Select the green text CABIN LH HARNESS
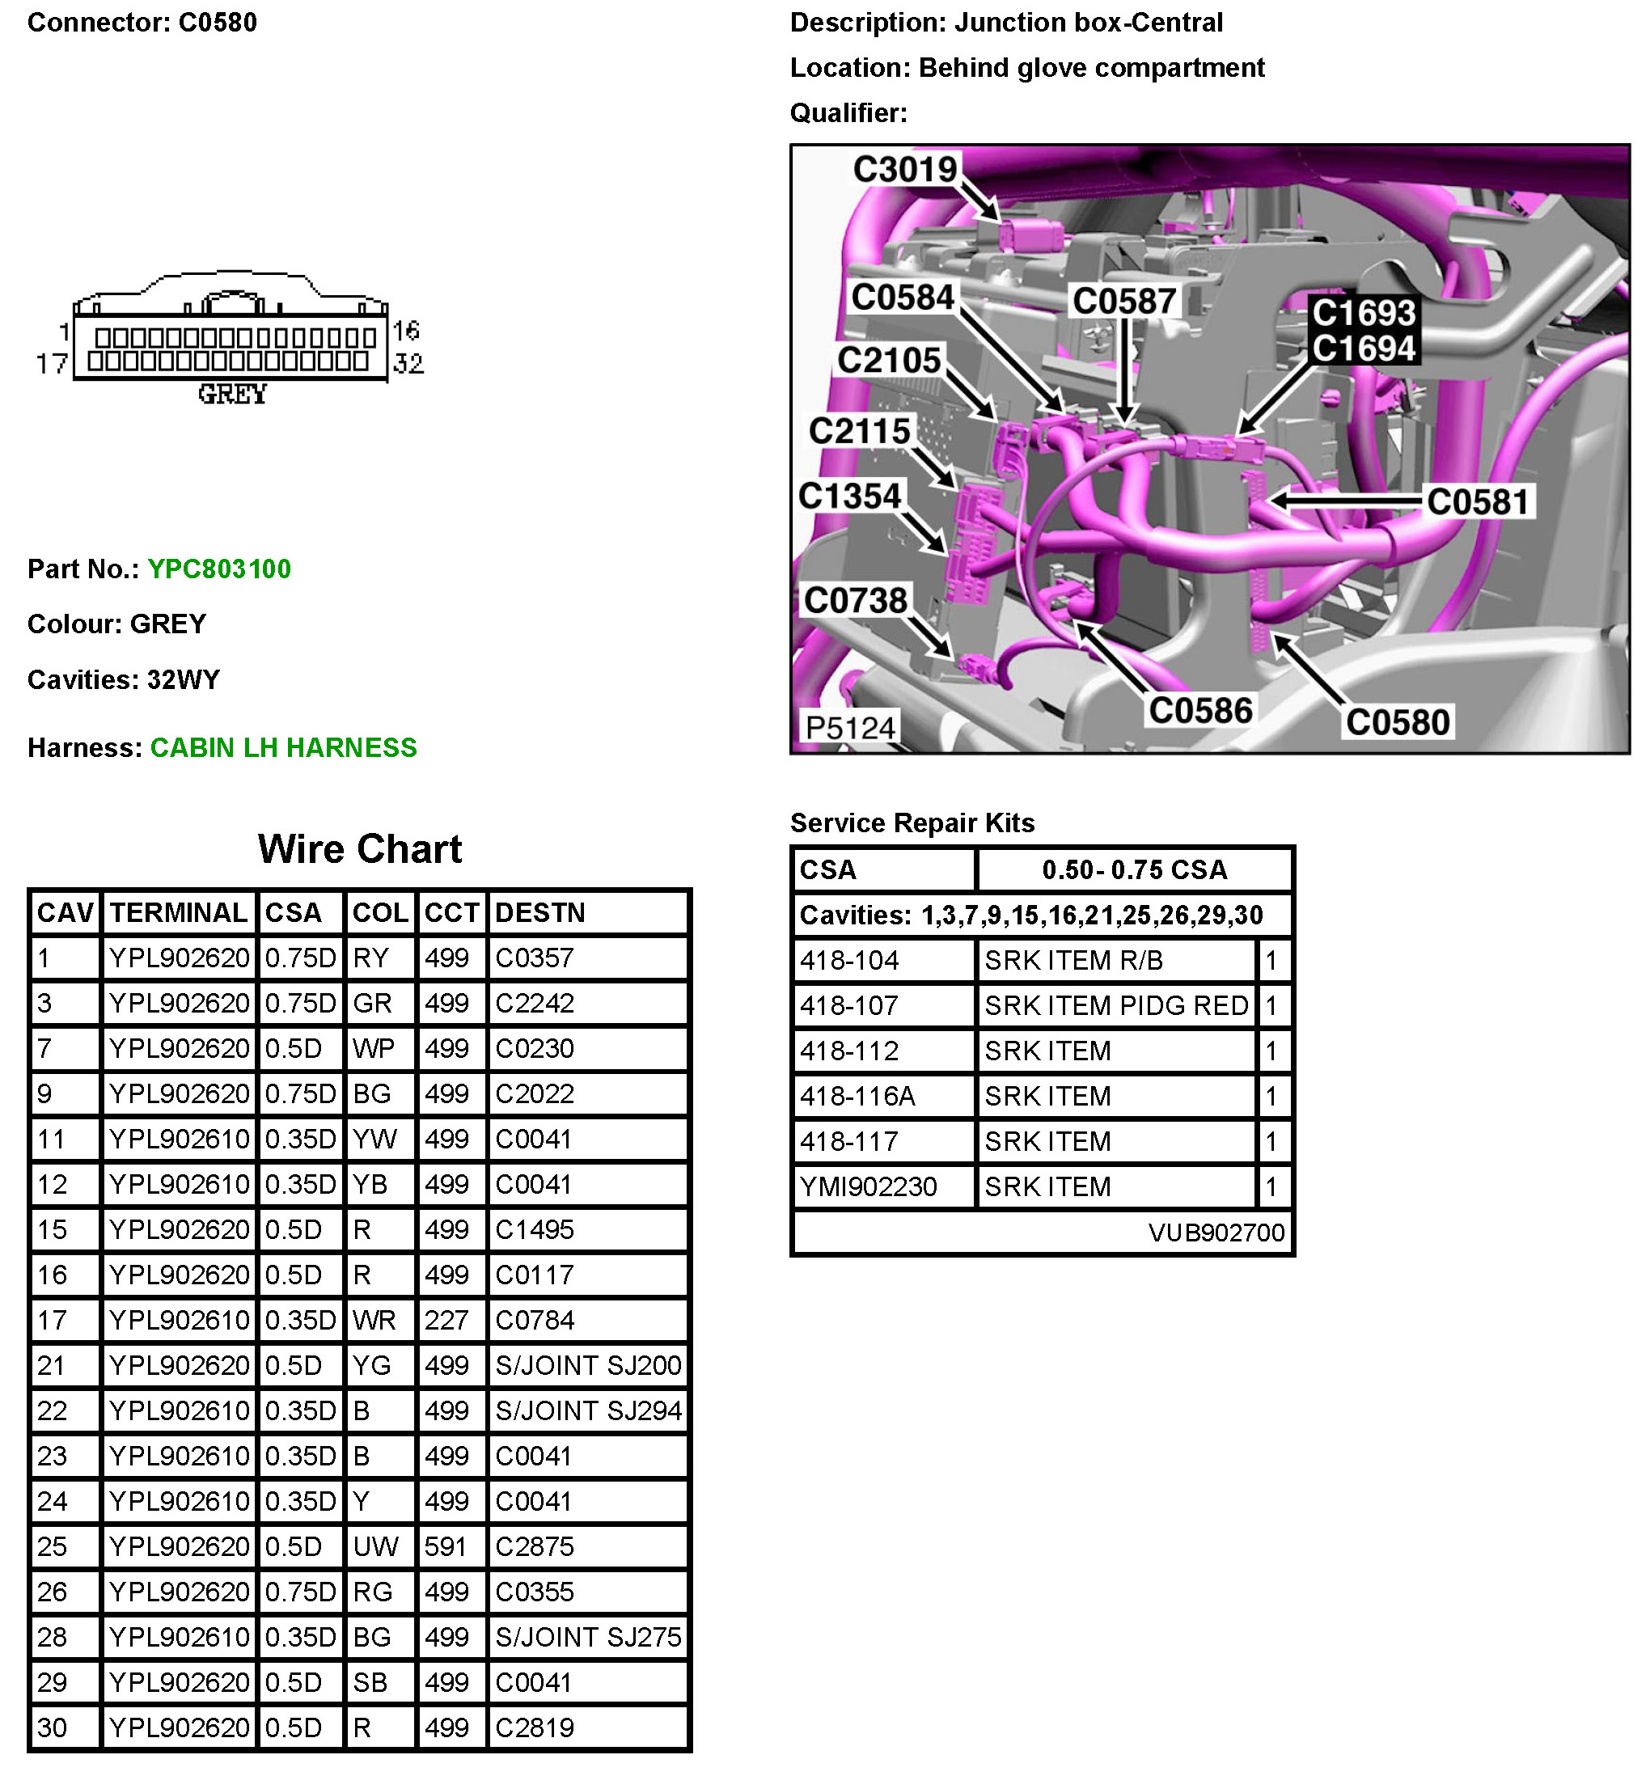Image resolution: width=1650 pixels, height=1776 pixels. pyautogui.click(x=283, y=747)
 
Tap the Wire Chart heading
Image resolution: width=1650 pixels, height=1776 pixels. pyautogui.click(x=360, y=848)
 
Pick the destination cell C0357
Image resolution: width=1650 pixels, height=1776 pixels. pyautogui.click(x=534, y=958)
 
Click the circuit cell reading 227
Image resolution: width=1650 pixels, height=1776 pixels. pyautogui.click(x=446, y=1320)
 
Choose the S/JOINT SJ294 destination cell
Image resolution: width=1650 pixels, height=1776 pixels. pyautogui.click(x=587, y=1410)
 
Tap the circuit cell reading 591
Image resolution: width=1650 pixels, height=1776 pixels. pyautogui.click(x=446, y=1546)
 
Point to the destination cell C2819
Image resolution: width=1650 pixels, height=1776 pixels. pyautogui.click(x=534, y=1727)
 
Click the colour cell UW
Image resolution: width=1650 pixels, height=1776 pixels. pyautogui.click(x=375, y=1546)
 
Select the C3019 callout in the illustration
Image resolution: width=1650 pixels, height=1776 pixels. pyautogui.click(x=904, y=169)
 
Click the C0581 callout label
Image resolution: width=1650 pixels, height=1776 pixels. pyautogui.click(x=1478, y=501)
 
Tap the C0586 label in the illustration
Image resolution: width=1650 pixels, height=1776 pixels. pyautogui.click(x=1201, y=711)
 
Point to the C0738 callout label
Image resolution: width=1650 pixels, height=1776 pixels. pyautogui.click(x=856, y=600)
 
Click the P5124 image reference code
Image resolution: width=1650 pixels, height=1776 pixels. pyautogui.click(x=849, y=728)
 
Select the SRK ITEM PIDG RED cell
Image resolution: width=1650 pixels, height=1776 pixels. pyautogui.click(x=1116, y=1005)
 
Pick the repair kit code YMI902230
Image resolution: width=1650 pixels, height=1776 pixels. pyautogui.click(x=868, y=1186)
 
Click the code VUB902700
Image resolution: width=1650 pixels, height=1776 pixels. pyautogui.click(x=1216, y=1233)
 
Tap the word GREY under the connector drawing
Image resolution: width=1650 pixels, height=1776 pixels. pyautogui.click(x=232, y=394)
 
